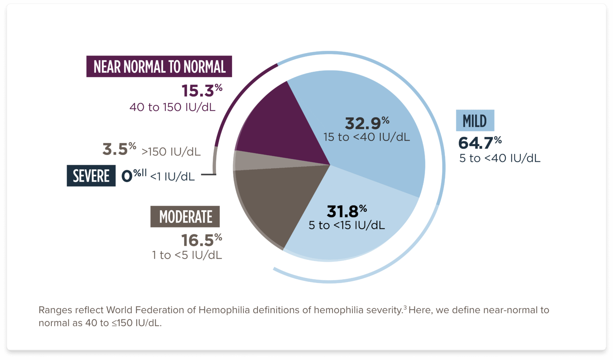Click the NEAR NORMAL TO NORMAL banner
pos(159,66)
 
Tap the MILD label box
pos(475,121)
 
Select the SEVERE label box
pos(91,176)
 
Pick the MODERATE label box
pos(185,217)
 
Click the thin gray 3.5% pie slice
pos(258,161)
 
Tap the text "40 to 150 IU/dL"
pos(172,107)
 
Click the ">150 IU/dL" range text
pos(171,151)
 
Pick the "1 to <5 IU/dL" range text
pos(187,255)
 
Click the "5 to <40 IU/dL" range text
pos(499,158)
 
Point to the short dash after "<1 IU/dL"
pos(208,175)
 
